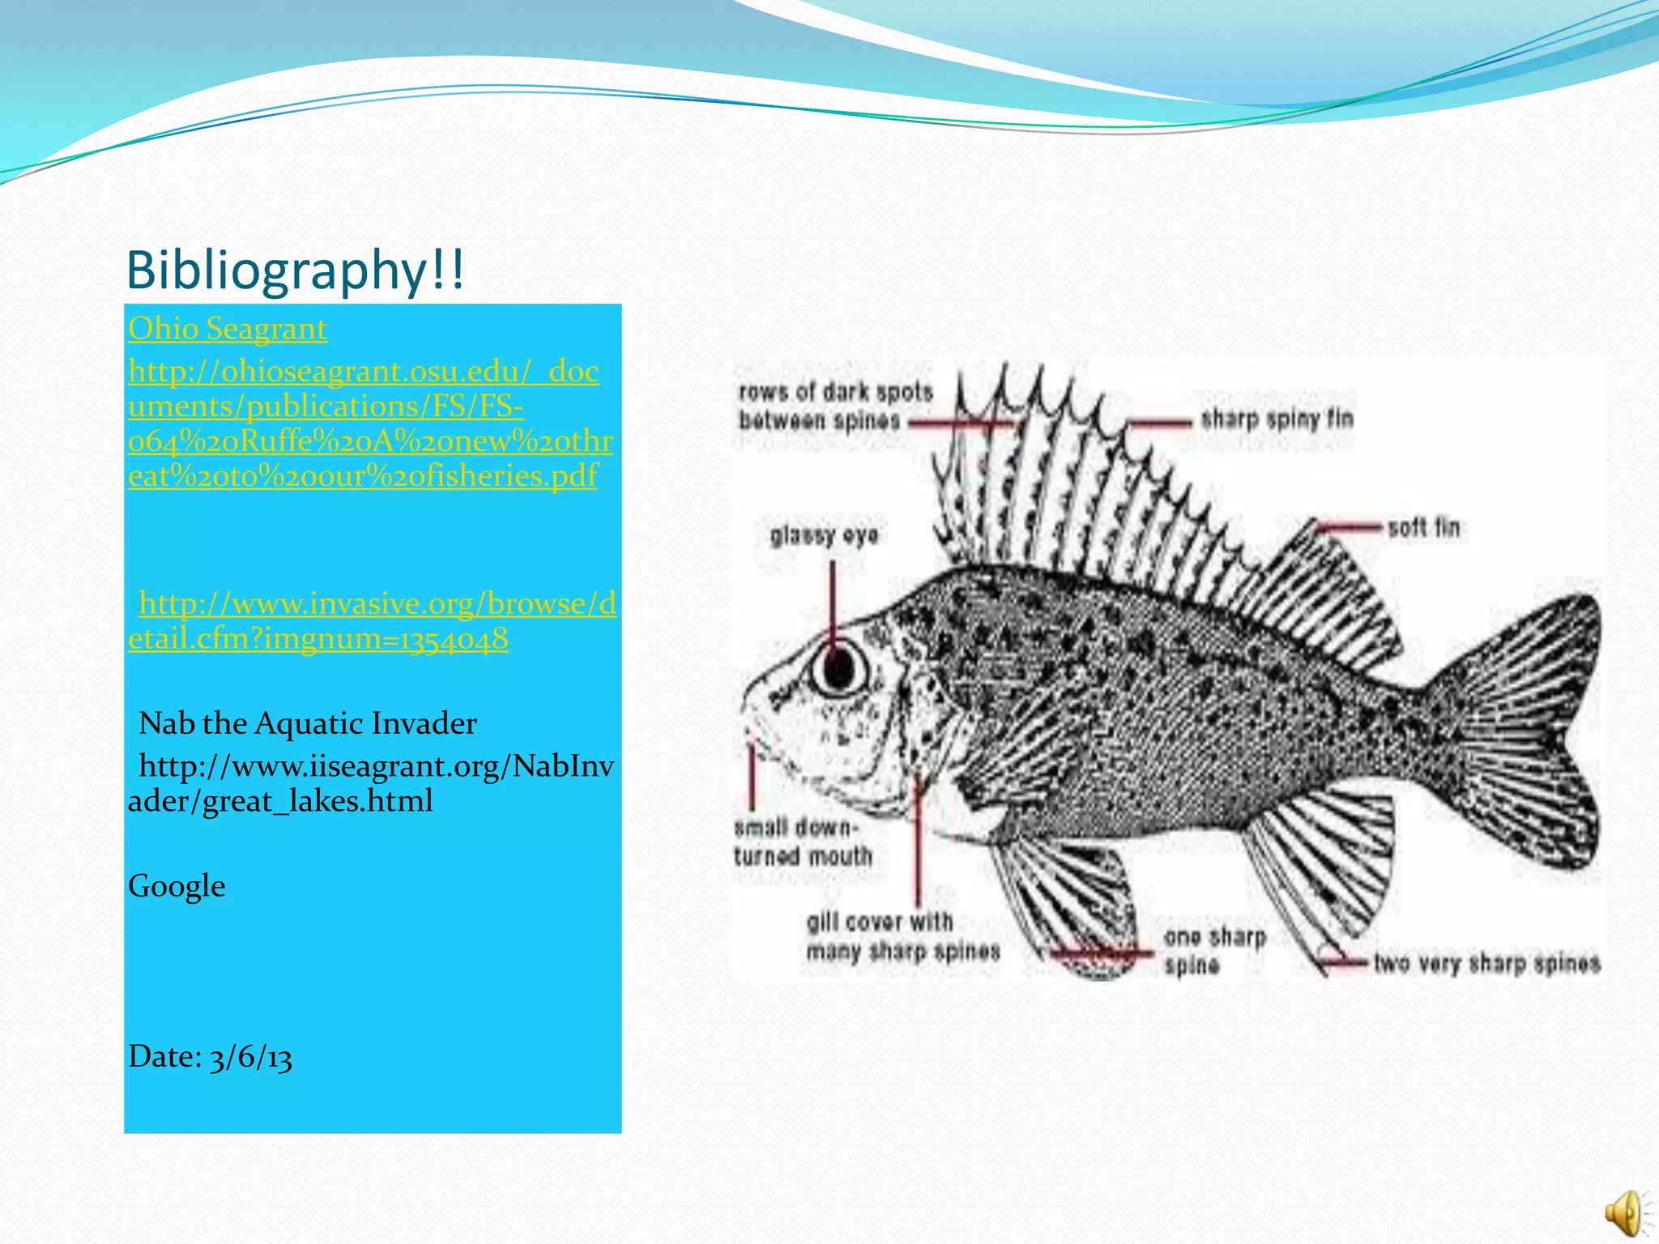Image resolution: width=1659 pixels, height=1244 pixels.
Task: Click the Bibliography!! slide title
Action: [x=296, y=270]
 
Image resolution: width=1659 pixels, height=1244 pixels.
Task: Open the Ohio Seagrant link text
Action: [x=228, y=329]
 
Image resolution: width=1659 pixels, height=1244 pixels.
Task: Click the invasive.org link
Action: [x=373, y=621]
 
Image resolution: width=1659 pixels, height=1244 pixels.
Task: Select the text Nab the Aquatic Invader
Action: [x=308, y=723]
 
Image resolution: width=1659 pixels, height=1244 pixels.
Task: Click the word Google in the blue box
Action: [x=177, y=886]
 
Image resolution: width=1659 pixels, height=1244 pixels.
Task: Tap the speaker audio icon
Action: [x=1624, y=1212]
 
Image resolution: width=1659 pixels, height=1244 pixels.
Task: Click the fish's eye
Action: [x=839, y=666]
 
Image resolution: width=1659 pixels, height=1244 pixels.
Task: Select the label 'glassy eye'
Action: [x=824, y=535]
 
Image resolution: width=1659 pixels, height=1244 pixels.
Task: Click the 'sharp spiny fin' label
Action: [x=1277, y=420]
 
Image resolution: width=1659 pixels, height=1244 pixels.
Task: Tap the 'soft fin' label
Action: [x=1423, y=528]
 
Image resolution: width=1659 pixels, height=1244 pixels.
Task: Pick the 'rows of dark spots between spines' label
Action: [x=834, y=407]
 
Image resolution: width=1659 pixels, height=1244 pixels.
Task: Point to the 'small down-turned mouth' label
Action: [x=802, y=842]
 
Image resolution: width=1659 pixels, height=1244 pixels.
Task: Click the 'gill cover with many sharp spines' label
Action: [x=902, y=936]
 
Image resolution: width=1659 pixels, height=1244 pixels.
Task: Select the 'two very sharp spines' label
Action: [x=1486, y=963]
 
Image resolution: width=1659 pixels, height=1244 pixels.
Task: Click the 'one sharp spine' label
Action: [x=1214, y=951]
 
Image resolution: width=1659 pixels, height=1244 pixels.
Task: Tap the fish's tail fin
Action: [x=1523, y=729]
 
